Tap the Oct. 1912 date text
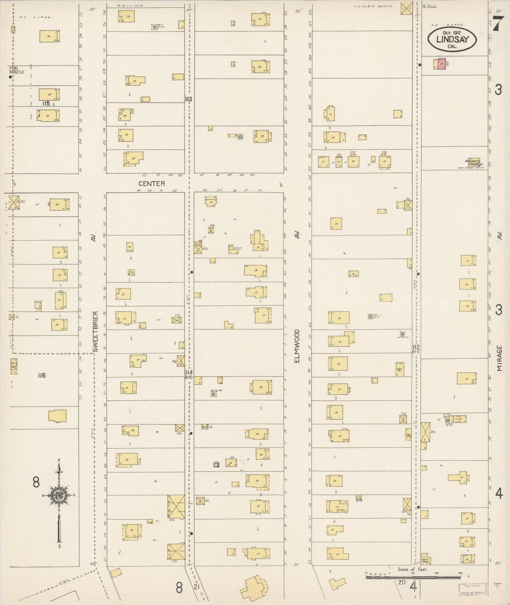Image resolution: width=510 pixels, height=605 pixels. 452,32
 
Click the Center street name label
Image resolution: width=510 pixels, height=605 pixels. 151,184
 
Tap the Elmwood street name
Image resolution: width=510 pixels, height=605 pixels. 297,346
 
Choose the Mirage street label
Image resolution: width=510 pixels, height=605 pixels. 499,358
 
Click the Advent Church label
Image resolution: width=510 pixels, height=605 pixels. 474,163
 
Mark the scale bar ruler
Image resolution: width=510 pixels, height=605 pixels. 413,577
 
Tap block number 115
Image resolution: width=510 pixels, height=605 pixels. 45,103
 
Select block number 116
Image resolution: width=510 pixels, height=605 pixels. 42,376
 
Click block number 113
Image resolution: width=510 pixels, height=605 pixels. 188,99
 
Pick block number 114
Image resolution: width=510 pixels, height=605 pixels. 189,372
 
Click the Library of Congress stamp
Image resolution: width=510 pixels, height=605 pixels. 472,589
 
